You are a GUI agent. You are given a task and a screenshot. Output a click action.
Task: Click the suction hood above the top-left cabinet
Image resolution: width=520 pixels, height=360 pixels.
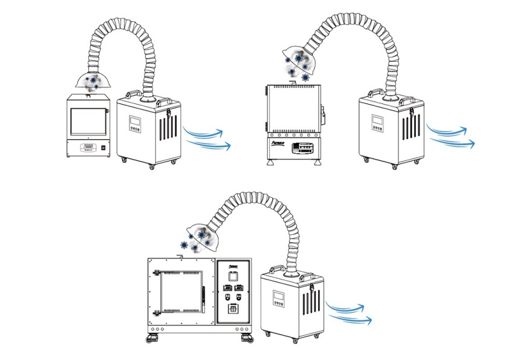tap(91, 79)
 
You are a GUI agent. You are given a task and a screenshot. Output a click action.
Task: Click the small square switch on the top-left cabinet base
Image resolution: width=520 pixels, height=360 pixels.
tap(103, 147)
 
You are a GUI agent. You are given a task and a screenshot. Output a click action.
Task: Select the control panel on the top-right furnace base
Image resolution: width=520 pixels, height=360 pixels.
tap(302, 148)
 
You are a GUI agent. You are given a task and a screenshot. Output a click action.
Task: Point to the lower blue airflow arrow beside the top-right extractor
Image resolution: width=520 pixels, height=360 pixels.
tap(453, 143)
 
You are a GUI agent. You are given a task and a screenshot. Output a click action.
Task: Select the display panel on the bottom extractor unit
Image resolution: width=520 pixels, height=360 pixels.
tap(280, 297)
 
